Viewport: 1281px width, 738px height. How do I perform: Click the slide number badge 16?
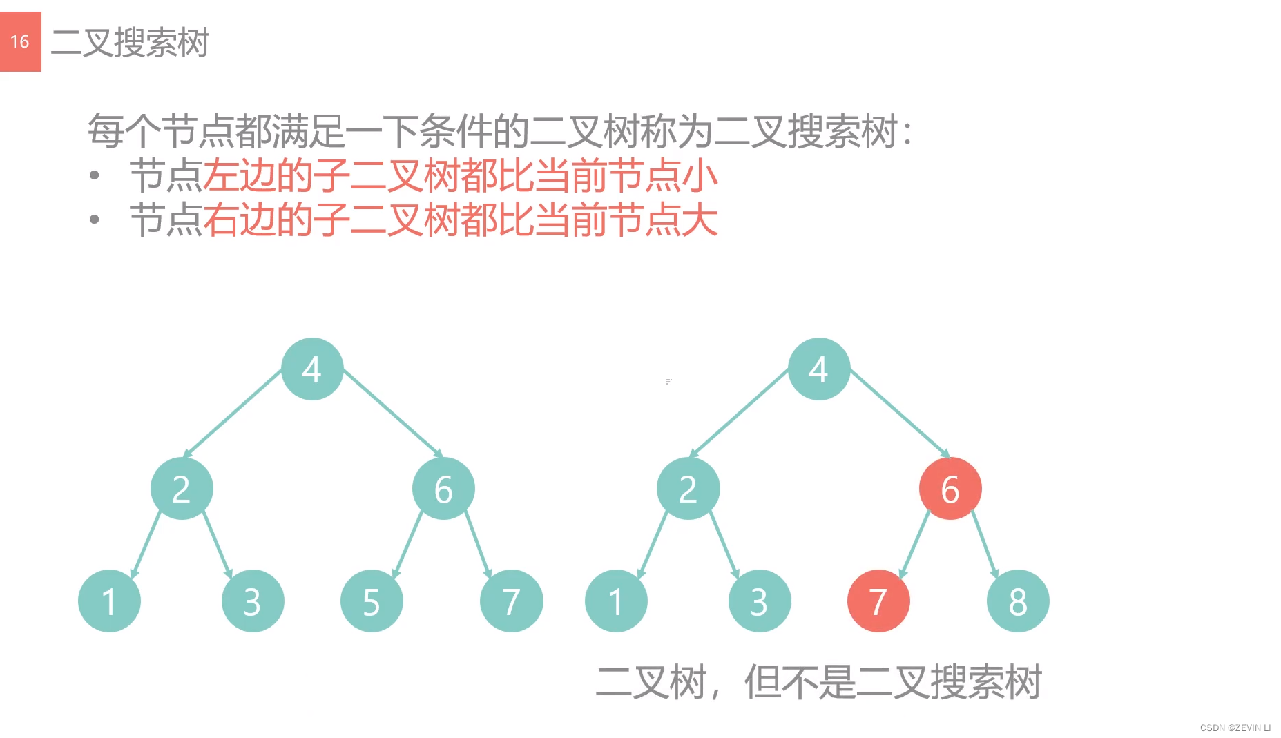(x=20, y=41)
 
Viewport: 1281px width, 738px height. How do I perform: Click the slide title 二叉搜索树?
(x=130, y=43)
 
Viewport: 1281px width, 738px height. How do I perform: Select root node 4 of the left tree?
(x=312, y=369)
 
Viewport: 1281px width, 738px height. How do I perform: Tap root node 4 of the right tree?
(x=819, y=369)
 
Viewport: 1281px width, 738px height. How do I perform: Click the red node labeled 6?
(x=950, y=489)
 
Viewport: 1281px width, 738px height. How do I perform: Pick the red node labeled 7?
(x=878, y=601)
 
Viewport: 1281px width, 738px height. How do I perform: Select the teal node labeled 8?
(x=1018, y=601)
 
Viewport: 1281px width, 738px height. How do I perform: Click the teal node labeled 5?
(x=372, y=601)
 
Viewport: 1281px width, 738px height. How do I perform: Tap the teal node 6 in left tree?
(x=443, y=489)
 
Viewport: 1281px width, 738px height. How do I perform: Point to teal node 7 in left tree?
(x=511, y=601)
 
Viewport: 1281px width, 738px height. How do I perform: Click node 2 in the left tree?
(x=182, y=489)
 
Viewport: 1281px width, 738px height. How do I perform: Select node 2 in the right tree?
(x=688, y=489)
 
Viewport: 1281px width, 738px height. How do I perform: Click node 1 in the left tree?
(x=109, y=601)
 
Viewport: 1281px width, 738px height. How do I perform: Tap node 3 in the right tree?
(x=760, y=601)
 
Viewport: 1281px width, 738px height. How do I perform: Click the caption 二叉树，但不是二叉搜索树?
(x=818, y=682)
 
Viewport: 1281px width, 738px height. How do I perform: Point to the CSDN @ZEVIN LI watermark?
(x=1235, y=728)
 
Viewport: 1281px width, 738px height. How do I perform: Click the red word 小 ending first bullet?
(x=700, y=176)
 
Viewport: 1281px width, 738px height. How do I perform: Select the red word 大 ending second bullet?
(x=700, y=220)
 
